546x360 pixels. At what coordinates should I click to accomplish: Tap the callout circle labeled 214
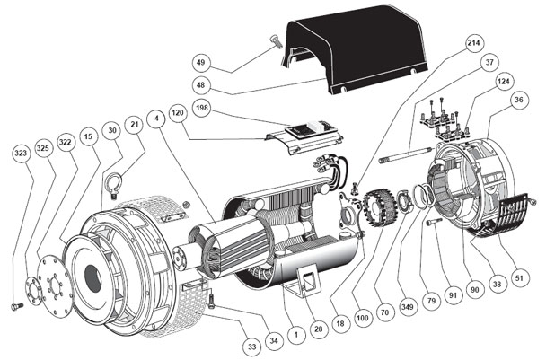point(473,43)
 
